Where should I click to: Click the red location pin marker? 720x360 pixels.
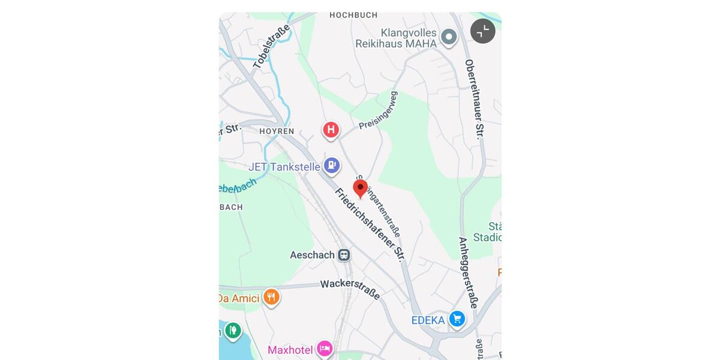[360, 188]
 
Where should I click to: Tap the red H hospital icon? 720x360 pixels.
[331, 130]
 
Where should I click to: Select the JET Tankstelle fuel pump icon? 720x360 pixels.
[331, 166]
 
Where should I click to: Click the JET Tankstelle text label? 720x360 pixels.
[284, 167]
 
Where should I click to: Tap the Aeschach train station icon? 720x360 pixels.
[344, 255]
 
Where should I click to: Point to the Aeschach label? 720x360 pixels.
[312, 255]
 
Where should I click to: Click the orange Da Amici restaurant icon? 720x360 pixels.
[271, 297]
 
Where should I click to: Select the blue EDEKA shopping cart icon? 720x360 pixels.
[457, 319]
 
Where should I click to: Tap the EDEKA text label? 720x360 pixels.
[428, 320]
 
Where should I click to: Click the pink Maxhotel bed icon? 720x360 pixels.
[325, 349]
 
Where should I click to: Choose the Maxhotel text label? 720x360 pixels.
[290, 350]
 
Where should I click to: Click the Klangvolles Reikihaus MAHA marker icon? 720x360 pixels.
[449, 38]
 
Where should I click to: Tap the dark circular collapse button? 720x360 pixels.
[482, 31]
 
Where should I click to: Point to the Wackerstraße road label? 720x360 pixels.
[350, 289]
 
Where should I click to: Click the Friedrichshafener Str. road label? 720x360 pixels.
[370, 224]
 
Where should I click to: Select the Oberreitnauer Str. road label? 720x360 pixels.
[474, 99]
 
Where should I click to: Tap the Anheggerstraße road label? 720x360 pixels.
[468, 272]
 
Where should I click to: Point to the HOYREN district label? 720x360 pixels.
[277, 131]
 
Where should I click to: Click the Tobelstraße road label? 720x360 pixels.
[271, 47]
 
